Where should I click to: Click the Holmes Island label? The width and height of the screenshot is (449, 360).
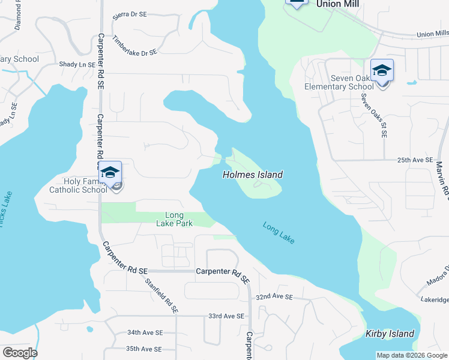pos(252,175)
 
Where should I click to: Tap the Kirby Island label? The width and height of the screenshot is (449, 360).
pos(390,334)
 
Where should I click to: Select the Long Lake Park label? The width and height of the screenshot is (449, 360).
pos(179,220)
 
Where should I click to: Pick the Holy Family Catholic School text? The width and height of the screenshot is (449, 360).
pos(79,185)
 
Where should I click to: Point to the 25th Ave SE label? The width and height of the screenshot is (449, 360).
pos(415,160)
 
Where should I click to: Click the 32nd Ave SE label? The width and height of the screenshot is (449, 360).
pos(274,297)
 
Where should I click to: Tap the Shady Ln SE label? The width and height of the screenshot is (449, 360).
pos(77,64)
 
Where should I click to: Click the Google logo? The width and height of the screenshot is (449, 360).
pos(20,353)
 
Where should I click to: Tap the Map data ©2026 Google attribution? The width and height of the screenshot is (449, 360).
pos(412,355)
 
